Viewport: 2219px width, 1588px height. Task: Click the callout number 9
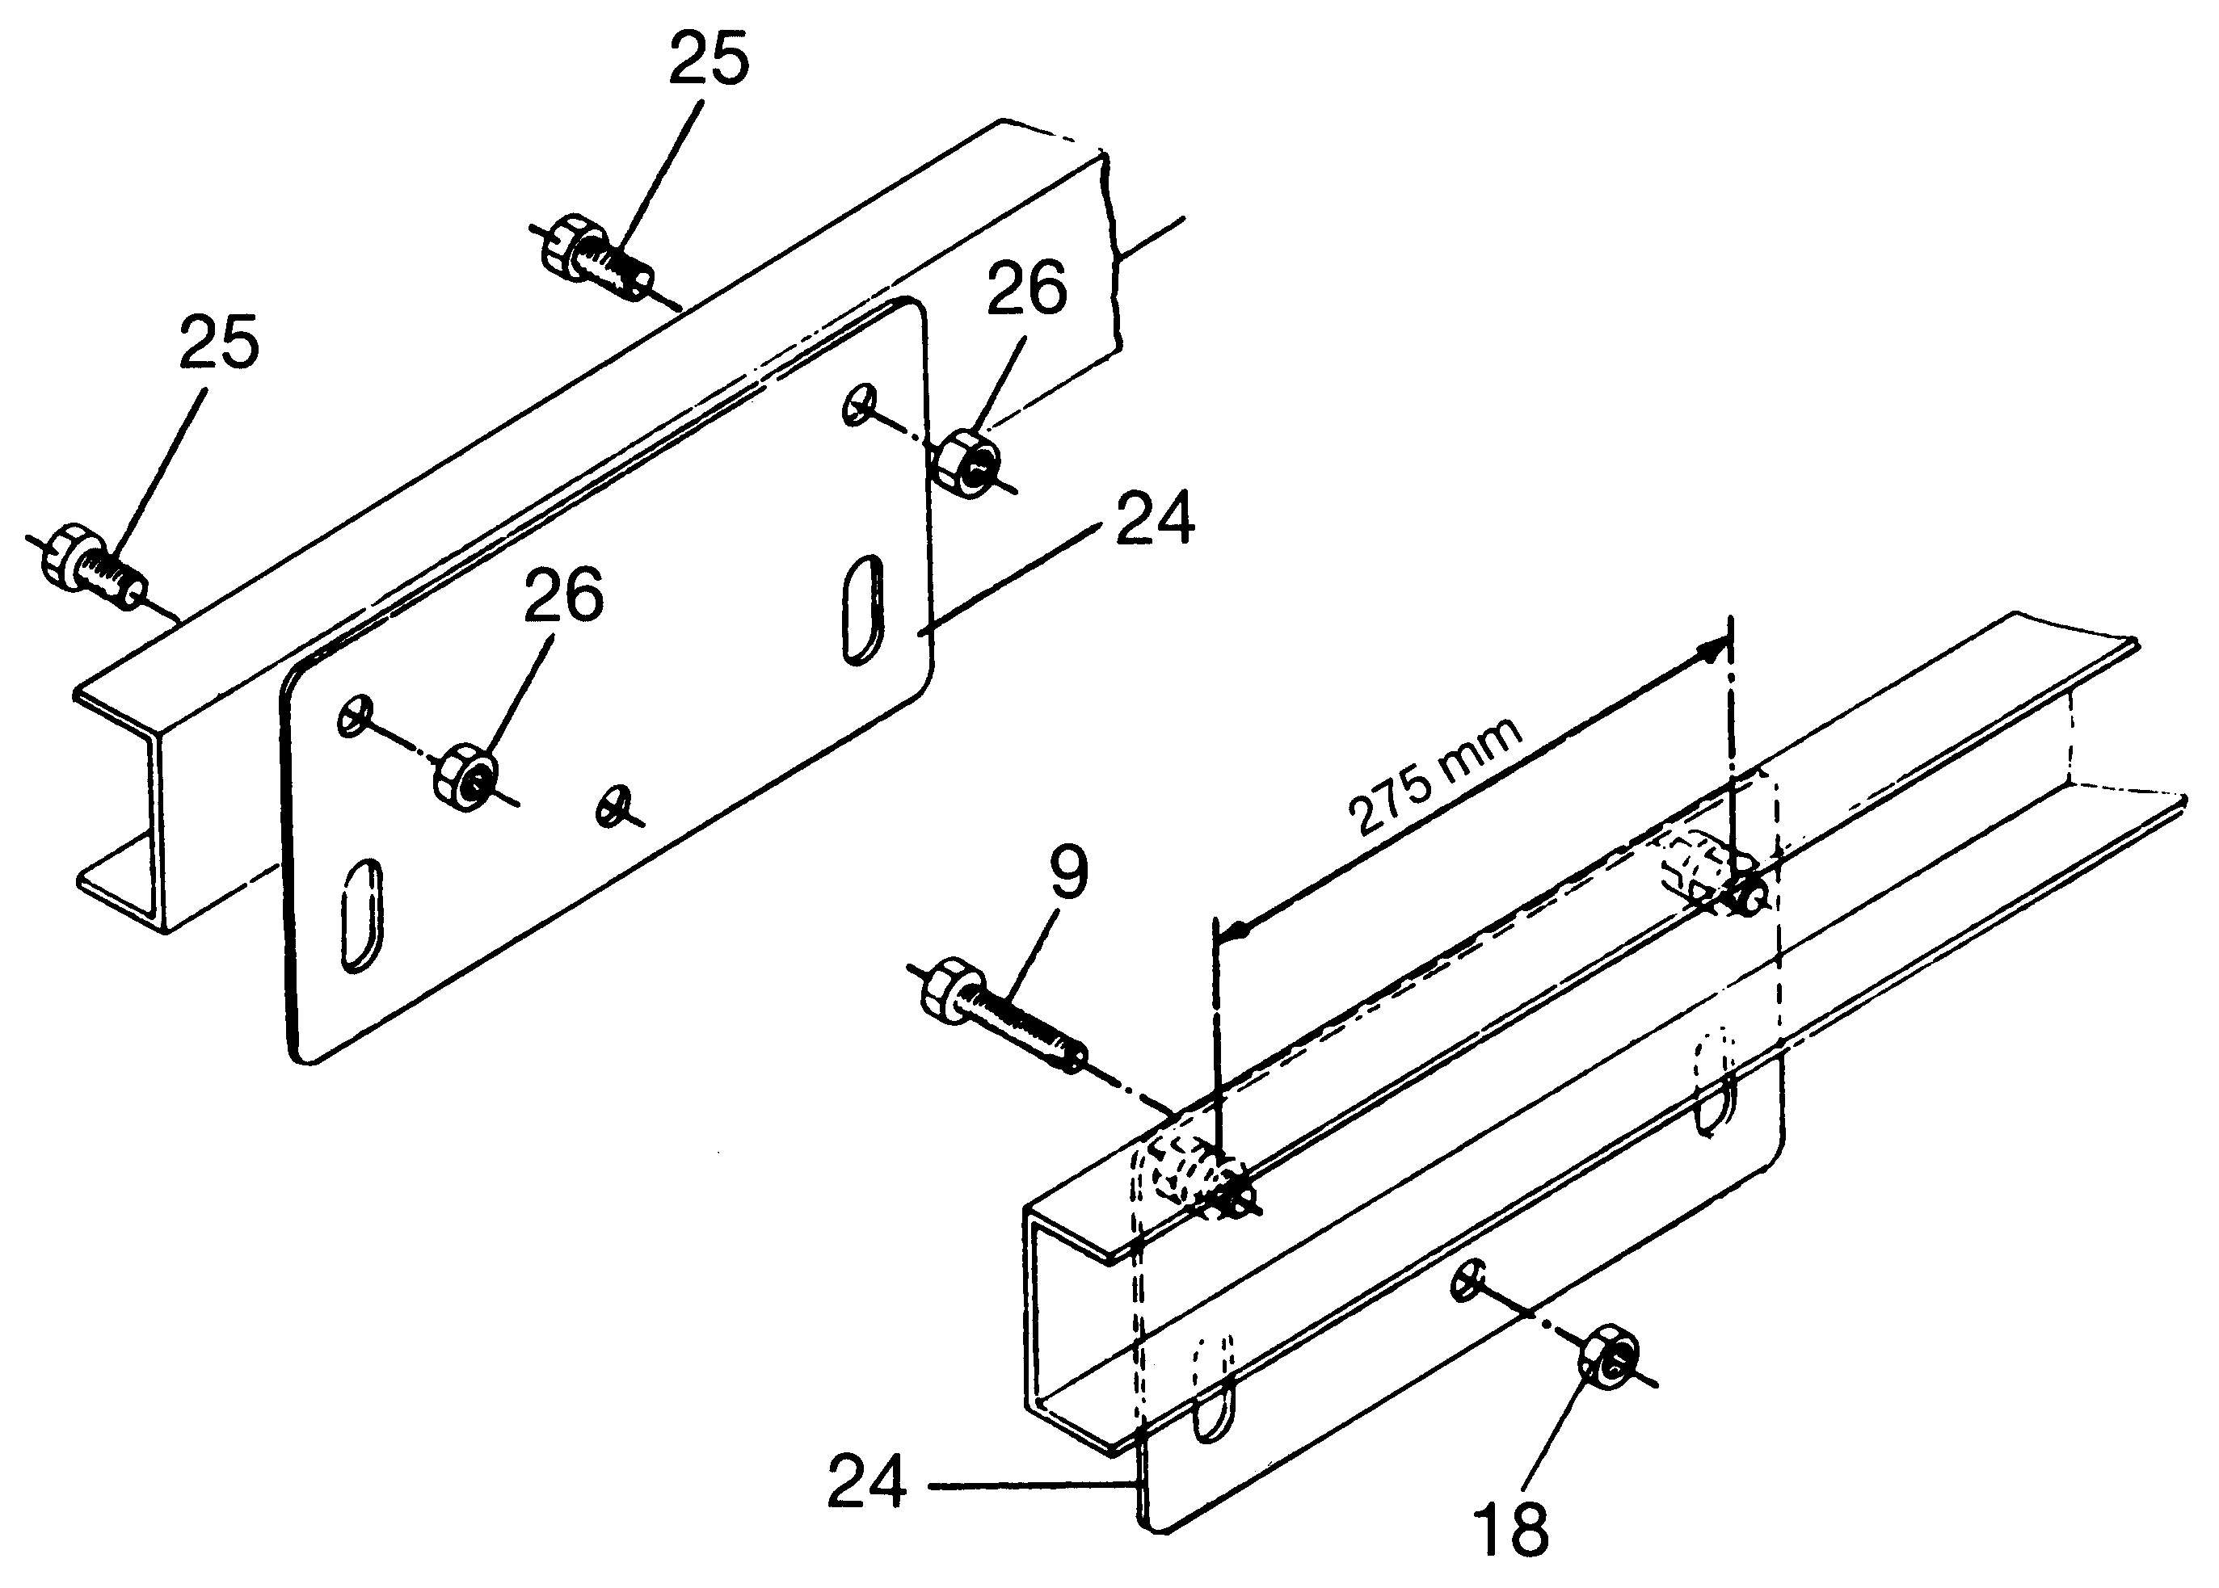[1068, 873]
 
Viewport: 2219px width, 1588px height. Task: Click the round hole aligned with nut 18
[1467, 1280]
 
